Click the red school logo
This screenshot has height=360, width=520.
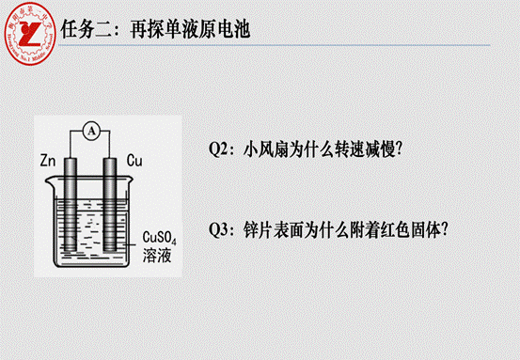click(x=30, y=30)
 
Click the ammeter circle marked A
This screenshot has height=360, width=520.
click(x=90, y=133)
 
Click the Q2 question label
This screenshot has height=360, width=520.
click(x=222, y=149)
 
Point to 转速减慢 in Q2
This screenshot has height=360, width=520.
click(x=361, y=149)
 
